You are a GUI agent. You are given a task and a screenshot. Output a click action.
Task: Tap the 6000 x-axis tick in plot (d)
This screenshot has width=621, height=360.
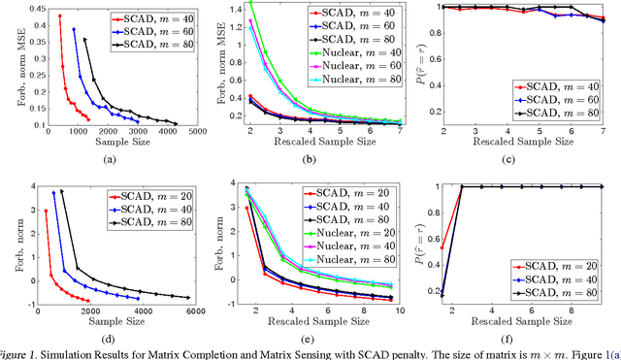[x=197, y=310]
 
